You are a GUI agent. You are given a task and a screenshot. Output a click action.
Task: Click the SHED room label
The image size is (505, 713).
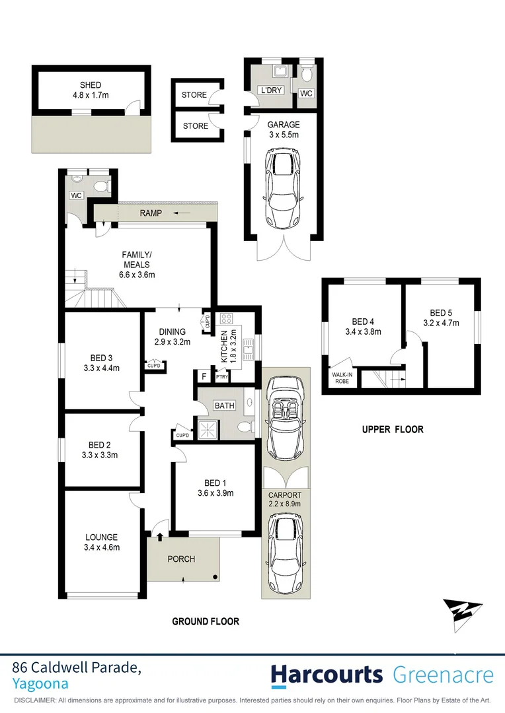pos(91,85)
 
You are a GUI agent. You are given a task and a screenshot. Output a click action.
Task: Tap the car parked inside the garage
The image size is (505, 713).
pos(284,187)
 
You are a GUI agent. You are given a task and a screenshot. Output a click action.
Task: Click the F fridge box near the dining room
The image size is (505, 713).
pos(204,377)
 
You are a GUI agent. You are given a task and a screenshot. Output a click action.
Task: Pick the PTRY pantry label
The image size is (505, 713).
pos(221,378)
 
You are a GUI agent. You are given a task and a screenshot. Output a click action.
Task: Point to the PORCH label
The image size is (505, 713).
pos(181,559)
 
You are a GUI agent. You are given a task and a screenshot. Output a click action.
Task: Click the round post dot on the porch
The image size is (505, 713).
pos(215,578)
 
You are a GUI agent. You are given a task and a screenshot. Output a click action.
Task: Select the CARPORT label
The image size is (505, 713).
pos(285,494)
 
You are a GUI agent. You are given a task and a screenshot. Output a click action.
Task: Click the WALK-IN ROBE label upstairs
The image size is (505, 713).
pos(342,378)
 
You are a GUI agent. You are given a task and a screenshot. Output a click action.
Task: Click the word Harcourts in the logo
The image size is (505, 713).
pos(327,675)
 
